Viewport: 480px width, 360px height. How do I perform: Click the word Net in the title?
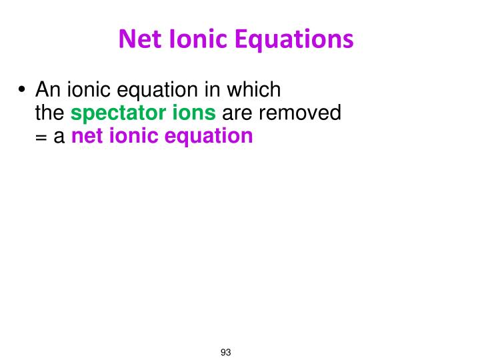point(141,40)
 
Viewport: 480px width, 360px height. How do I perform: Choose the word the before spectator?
point(51,113)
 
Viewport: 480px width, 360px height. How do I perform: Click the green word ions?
point(195,113)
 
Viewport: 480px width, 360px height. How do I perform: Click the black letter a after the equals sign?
point(59,137)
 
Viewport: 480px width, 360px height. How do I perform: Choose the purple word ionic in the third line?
point(130,136)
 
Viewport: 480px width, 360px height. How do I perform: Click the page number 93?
point(225,352)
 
